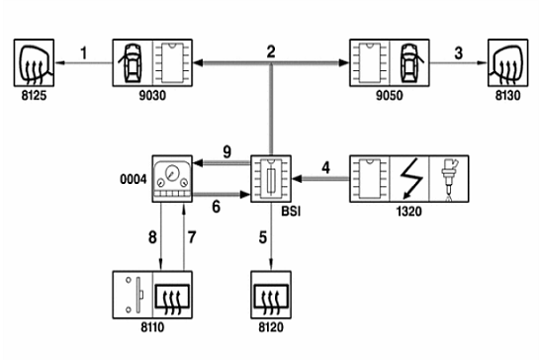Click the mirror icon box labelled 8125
click(x=34, y=62)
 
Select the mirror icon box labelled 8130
click(x=508, y=62)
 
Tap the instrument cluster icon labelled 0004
click(x=172, y=178)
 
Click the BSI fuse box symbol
click(x=271, y=178)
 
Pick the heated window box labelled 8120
click(x=271, y=295)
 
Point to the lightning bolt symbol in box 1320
click(x=409, y=178)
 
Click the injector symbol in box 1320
click(x=449, y=178)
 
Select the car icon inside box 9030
click(x=132, y=62)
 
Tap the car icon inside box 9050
click(x=410, y=62)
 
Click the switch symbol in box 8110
click(x=134, y=295)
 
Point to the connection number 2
click(x=271, y=51)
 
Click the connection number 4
click(x=325, y=168)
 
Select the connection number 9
click(x=226, y=152)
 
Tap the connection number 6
click(x=216, y=207)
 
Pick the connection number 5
click(x=263, y=237)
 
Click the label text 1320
click(x=409, y=212)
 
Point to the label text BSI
click(x=291, y=212)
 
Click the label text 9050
click(x=389, y=95)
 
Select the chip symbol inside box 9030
click(x=172, y=62)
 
